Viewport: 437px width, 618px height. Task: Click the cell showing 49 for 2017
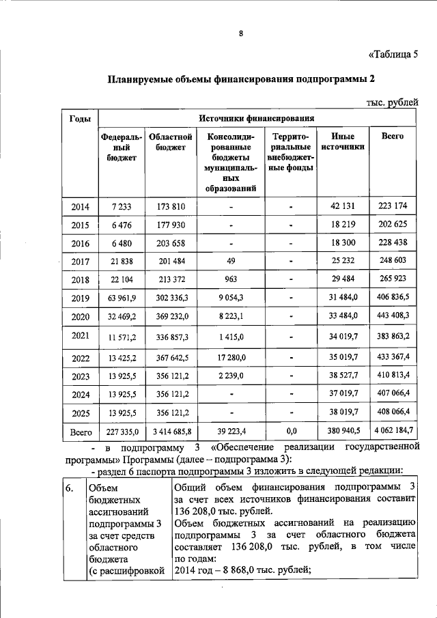point(231,261)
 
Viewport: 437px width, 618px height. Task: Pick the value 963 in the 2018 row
point(231,279)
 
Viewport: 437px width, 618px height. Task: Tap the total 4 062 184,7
point(393,432)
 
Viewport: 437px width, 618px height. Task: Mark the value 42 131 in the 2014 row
point(343,206)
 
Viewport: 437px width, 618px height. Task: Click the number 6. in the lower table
point(69,488)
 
